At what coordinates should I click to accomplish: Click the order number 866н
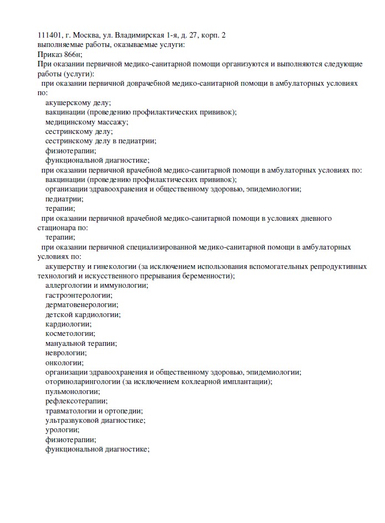click(74, 54)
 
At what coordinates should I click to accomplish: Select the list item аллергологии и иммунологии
click(96, 285)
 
